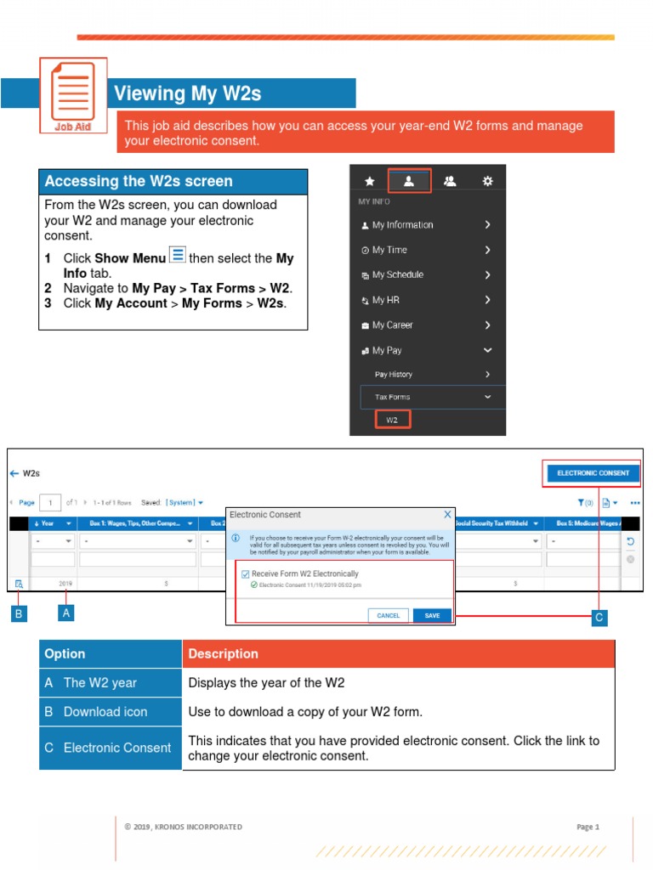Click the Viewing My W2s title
coord(187,93)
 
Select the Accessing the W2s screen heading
coord(139,181)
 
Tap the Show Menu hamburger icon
coord(178,255)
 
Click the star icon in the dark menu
coord(369,181)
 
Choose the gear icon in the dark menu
coord(487,181)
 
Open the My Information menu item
coord(402,225)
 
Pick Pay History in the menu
coord(394,375)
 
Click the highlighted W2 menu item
coord(392,420)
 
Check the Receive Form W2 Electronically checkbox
coord(246,574)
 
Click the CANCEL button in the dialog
coord(388,615)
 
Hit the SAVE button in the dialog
coord(432,615)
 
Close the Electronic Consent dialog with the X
coord(448,515)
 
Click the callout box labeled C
coord(599,618)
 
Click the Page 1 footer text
coord(588,827)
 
